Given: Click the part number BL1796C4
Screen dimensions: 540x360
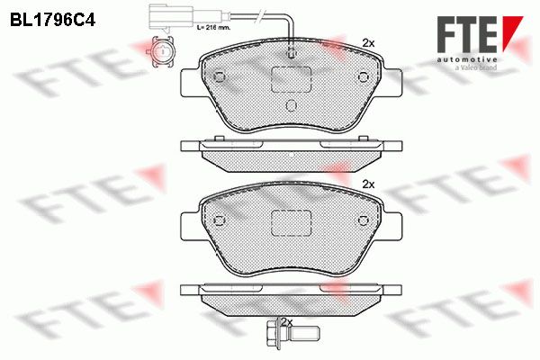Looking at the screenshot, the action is [52, 20].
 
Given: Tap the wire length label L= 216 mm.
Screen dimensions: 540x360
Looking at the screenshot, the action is [213, 27].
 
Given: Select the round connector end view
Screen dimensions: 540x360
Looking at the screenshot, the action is [161, 51].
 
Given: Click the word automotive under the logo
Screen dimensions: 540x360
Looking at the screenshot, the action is [467, 59].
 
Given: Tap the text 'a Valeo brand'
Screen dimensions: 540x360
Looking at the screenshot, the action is [476, 67].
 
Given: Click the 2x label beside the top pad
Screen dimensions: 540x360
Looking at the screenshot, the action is [368, 43].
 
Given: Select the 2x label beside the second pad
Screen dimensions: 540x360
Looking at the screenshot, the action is [368, 184].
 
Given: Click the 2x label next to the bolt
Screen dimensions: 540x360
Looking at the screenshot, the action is [286, 323].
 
